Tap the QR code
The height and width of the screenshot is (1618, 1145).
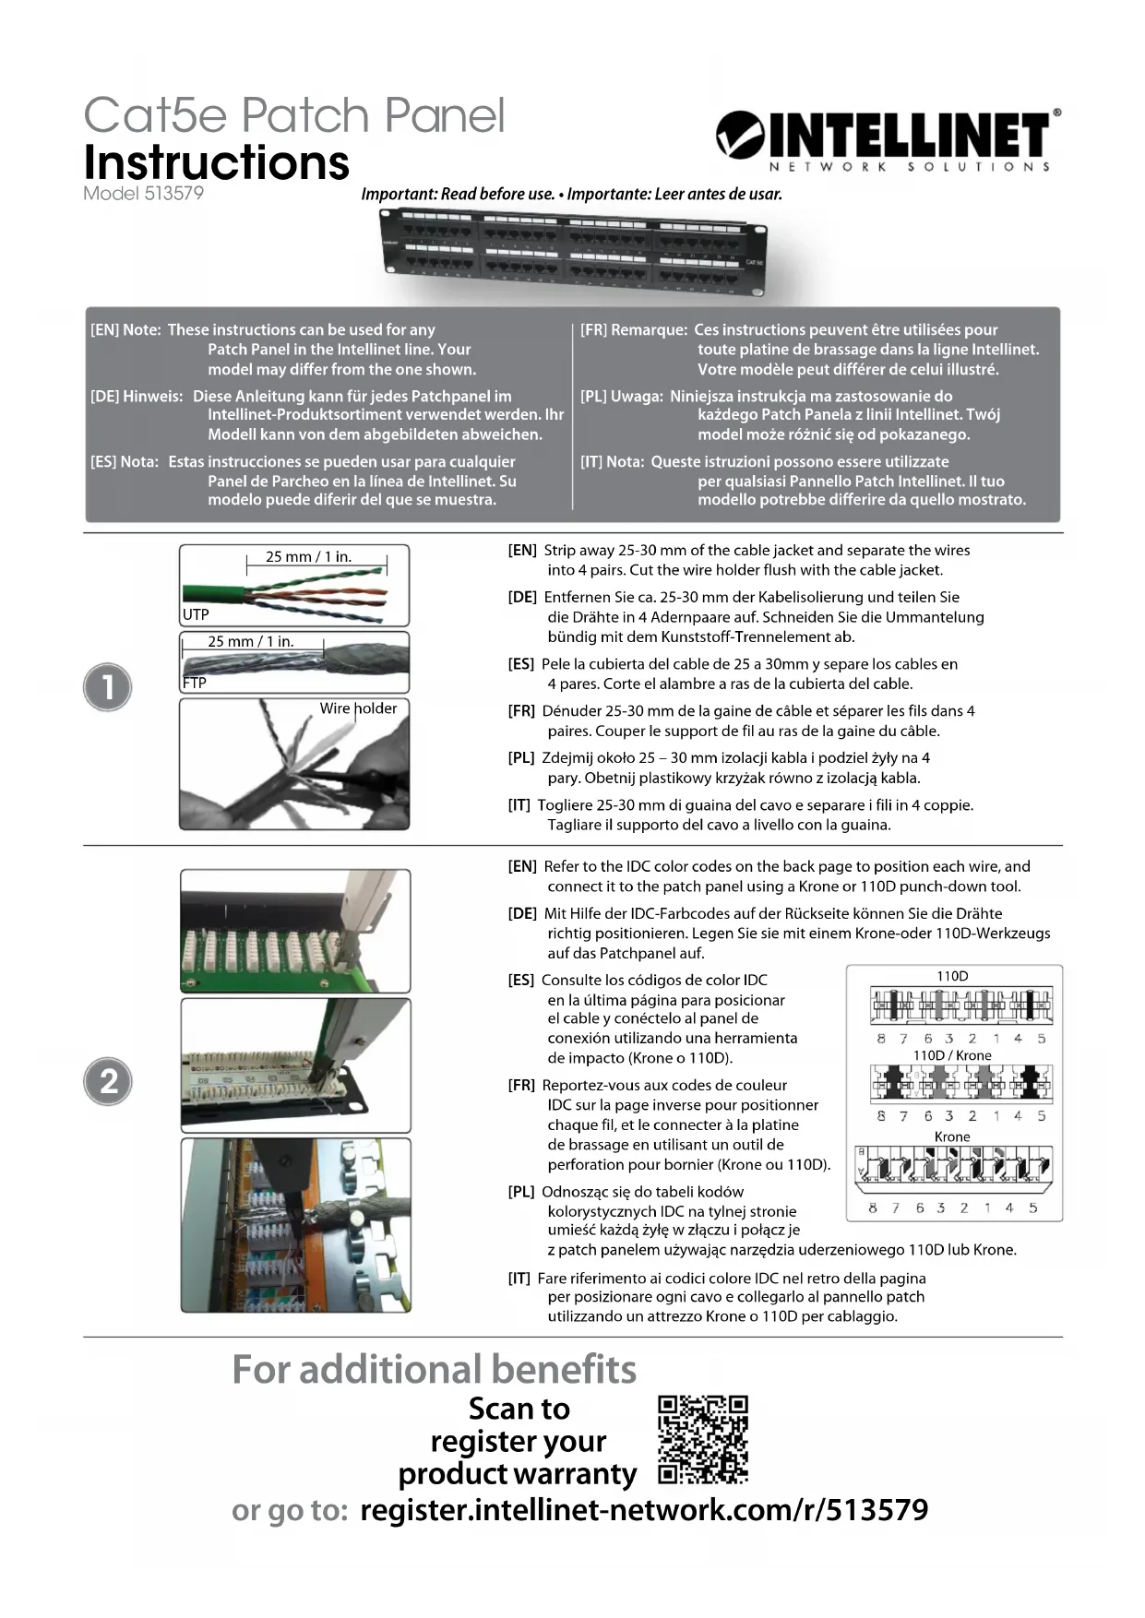click(x=702, y=1440)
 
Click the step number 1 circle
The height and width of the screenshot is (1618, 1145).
click(x=108, y=687)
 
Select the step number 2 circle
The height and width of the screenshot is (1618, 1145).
click(x=108, y=1081)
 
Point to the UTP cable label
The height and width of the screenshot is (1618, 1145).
click(x=196, y=614)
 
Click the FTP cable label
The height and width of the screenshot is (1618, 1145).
click(x=195, y=683)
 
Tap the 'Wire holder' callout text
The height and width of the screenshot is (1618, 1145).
click(x=358, y=708)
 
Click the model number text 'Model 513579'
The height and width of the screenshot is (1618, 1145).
click(x=143, y=194)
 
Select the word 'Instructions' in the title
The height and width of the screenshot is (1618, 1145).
click(x=217, y=162)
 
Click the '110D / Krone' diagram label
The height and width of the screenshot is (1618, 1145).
click(x=952, y=1055)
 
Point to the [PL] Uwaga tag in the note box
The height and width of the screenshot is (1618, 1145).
click(x=621, y=396)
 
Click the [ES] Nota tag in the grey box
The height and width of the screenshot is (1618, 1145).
click(x=125, y=461)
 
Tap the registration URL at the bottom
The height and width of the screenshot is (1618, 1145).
click(x=644, y=1510)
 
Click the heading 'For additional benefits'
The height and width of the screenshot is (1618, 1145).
click(x=434, y=1369)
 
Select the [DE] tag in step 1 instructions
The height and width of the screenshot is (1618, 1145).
click(x=522, y=597)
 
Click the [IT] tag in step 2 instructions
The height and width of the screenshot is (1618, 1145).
click(x=519, y=1278)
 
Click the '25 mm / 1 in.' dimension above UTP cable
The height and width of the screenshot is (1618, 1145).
click(x=308, y=556)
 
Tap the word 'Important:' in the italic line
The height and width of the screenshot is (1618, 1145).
click(x=399, y=194)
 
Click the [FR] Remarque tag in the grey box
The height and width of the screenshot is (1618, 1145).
click(x=633, y=329)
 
